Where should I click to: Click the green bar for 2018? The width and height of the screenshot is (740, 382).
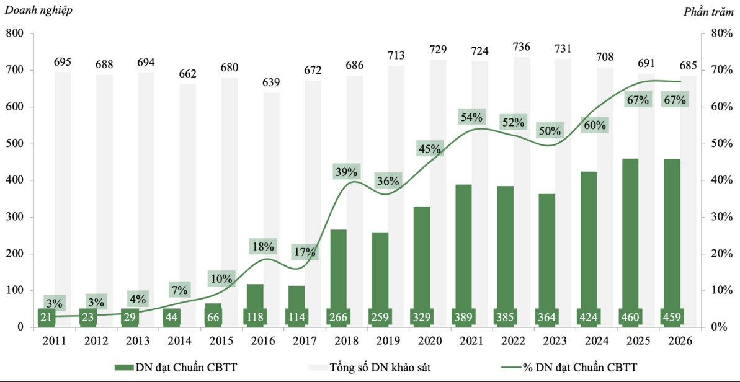click(339, 278)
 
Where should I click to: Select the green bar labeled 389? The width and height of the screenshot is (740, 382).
click(463, 255)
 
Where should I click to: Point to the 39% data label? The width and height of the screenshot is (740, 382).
click(346, 172)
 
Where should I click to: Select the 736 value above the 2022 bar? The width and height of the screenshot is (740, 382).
click(522, 47)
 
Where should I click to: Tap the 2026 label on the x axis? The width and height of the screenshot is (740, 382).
click(680, 340)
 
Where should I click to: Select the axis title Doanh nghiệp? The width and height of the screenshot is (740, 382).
click(38, 11)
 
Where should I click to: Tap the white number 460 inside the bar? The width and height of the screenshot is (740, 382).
click(630, 318)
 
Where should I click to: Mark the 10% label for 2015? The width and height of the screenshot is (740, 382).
click(221, 278)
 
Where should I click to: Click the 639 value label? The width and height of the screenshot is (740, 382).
click(271, 82)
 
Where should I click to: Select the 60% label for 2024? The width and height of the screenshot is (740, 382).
click(597, 125)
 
